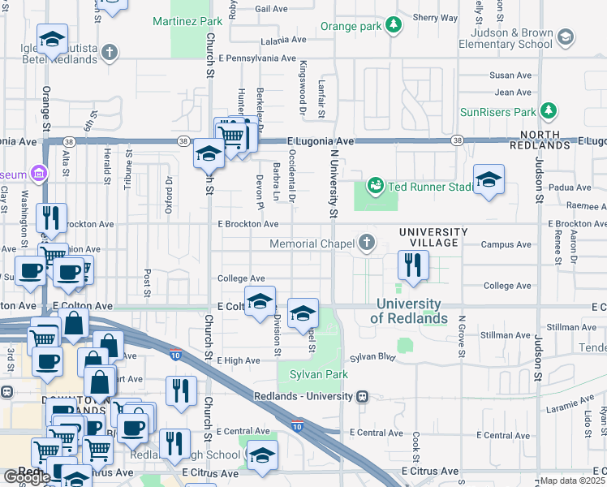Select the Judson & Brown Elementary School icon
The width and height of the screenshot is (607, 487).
(x=565, y=37)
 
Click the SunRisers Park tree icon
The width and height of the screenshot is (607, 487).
(x=549, y=110)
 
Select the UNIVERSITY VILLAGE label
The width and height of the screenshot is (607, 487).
(x=433, y=238)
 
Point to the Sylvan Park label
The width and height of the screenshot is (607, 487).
(x=312, y=374)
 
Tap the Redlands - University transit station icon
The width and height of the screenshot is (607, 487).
(x=363, y=396)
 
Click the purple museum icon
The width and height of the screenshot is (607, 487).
(x=36, y=174)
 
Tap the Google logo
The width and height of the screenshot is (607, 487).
(x=26, y=476)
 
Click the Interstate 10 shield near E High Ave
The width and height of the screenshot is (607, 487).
(x=176, y=354)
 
